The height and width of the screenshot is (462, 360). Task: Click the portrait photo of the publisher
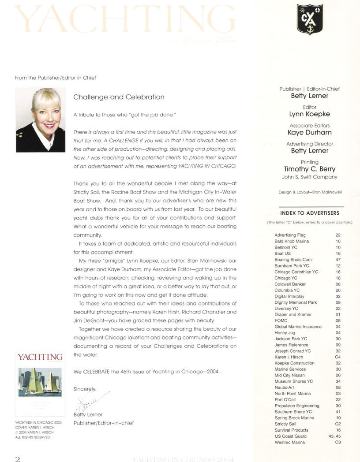41,120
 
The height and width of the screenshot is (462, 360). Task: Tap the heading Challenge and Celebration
119,97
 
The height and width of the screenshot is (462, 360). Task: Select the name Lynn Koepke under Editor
309,114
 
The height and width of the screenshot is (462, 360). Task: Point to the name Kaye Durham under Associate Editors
309,132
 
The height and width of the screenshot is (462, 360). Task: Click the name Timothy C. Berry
309,169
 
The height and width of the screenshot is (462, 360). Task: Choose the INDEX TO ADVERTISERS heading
309,213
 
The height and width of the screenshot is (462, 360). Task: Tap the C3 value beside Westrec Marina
337,442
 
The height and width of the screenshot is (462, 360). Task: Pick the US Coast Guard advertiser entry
290,436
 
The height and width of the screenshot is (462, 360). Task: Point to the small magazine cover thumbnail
40,384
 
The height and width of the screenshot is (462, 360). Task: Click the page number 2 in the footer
18,458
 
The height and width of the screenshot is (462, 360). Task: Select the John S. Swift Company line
309,177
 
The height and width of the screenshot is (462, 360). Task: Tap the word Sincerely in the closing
84,389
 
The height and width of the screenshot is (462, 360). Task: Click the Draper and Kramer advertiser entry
293,314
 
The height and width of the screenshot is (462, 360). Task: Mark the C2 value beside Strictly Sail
337,424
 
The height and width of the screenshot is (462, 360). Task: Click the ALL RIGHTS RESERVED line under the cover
33,437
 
